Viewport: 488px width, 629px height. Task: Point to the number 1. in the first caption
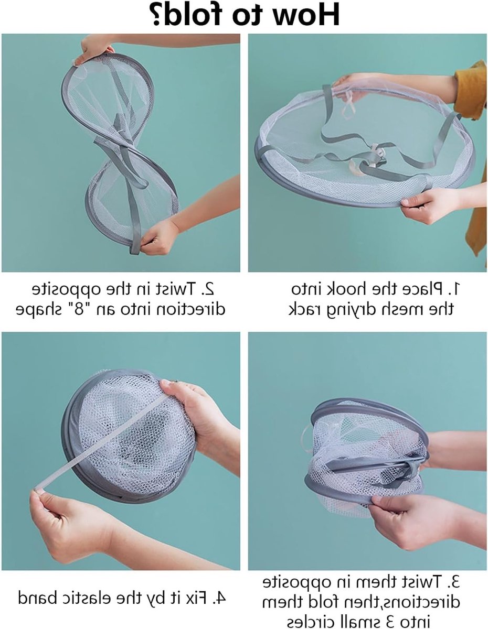coord(452,289)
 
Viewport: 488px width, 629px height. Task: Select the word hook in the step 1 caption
coord(344,289)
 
